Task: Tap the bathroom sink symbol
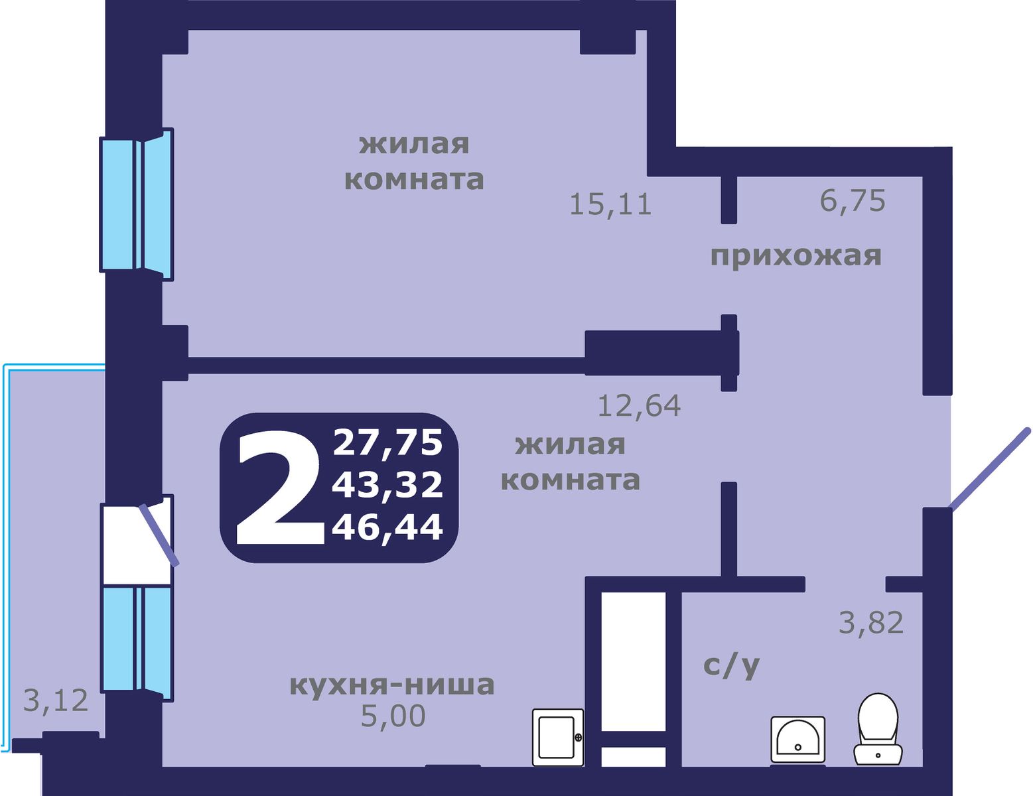tap(797, 739)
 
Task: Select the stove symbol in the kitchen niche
tap(557, 737)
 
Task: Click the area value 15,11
tap(610, 204)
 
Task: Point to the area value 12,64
tap(639, 405)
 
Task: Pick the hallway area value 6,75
tap(853, 200)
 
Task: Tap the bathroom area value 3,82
tap(871, 623)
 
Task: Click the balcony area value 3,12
tap(56, 700)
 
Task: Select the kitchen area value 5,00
tap(393, 716)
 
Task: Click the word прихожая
tap(795, 255)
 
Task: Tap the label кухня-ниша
tap(392, 685)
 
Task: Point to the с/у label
tap(731, 665)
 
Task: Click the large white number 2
tap(279, 488)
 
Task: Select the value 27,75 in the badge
tap(387, 442)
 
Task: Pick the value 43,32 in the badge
tap(387, 485)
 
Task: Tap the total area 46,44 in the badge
tap(387, 528)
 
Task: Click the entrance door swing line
tap(990, 469)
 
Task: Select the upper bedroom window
tap(136, 204)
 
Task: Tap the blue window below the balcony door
tap(136, 639)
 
